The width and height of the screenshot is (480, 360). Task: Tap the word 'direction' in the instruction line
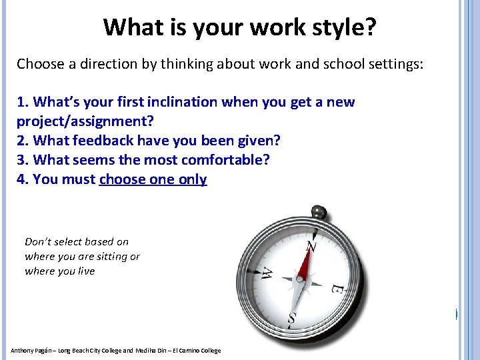103,65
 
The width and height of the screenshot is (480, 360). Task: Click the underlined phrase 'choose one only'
153,179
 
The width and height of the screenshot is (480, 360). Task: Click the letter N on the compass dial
310,247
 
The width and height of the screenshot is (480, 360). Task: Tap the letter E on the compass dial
337,289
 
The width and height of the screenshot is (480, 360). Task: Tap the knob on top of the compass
320,213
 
